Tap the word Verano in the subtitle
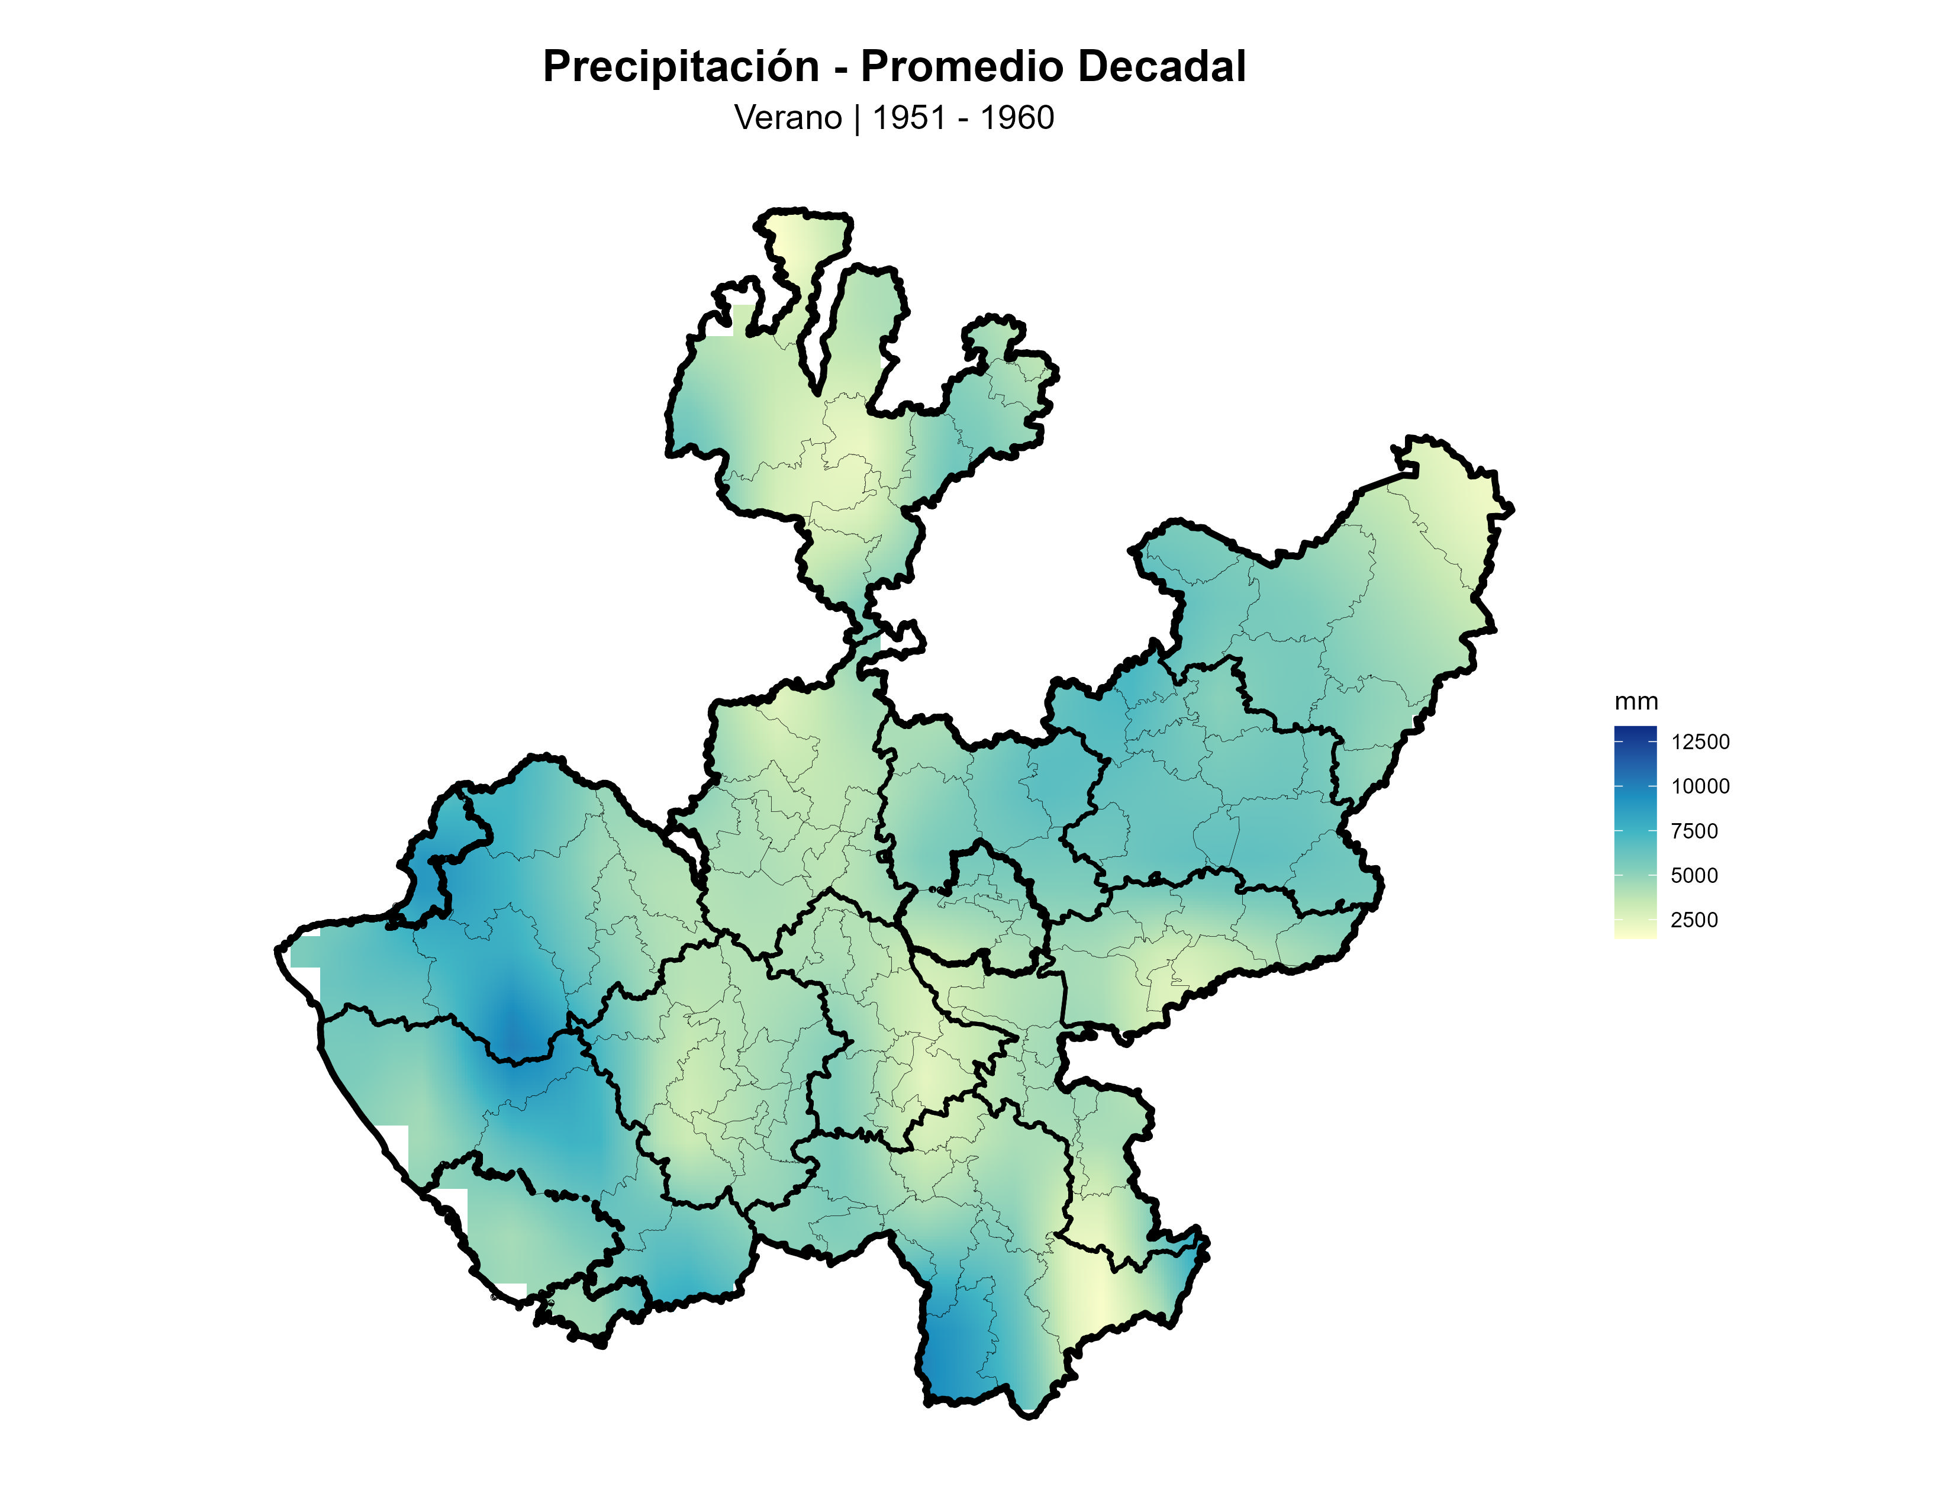788,118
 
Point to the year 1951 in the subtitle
908,118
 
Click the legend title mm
1636,702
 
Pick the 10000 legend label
1699,786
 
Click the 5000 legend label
1694,876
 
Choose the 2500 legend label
1694,920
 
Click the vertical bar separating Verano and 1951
857,118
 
